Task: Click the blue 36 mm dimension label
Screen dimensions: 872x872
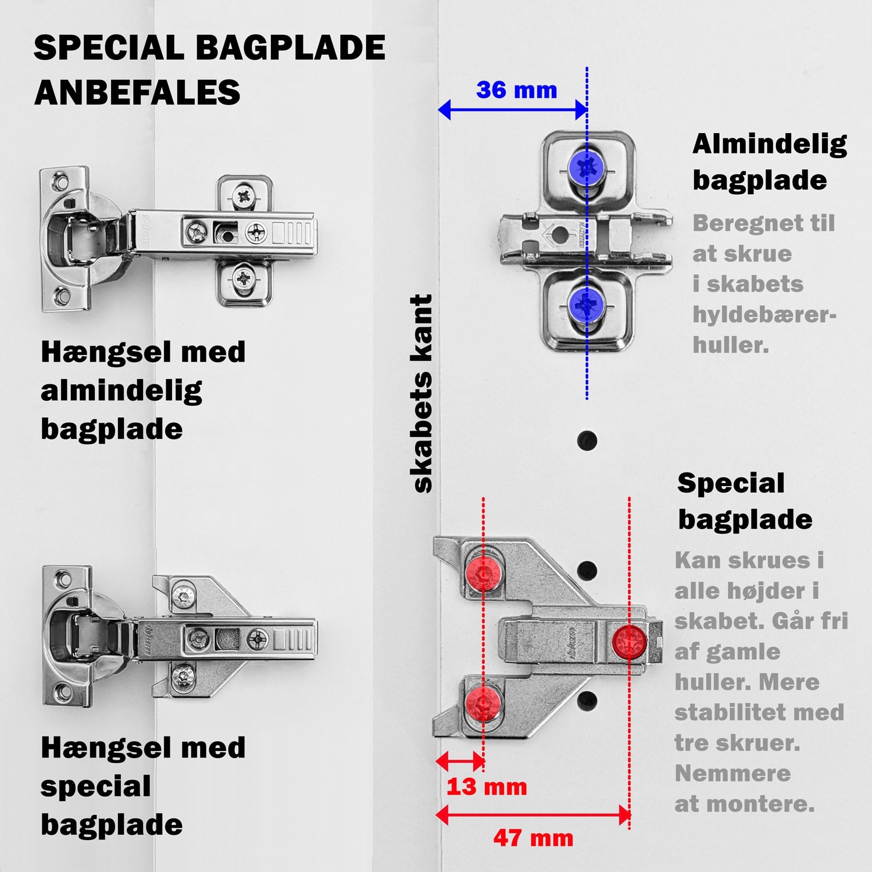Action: tap(516, 90)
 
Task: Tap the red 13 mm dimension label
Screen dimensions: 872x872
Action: tap(487, 787)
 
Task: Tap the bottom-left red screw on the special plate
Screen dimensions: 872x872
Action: tap(483, 702)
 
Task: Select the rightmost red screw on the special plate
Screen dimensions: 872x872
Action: tap(629, 642)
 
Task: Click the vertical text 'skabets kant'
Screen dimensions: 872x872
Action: tap(423, 394)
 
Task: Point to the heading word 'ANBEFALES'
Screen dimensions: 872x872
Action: tap(137, 92)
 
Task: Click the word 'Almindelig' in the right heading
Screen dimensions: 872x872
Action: tap(769, 144)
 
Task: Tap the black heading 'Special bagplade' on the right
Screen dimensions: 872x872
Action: tap(744, 501)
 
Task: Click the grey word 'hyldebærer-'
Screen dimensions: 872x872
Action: tap(764, 315)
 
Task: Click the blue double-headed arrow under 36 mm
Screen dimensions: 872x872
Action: tap(512, 109)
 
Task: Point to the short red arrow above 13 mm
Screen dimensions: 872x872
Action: tap(460, 760)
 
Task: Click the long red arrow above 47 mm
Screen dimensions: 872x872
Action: tap(533, 814)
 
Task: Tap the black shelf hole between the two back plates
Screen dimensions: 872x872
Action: tap(587, 440)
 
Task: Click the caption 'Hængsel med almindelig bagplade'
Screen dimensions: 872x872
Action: tap(142, 390)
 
